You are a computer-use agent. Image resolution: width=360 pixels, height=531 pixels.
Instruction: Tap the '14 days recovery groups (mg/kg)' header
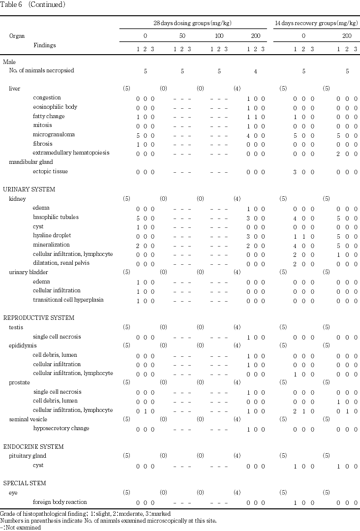coord(317,23)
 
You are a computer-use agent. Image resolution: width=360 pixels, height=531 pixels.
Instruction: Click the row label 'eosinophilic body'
coord(55,107)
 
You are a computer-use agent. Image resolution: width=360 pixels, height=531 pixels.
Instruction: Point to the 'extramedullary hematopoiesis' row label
coord(71,153)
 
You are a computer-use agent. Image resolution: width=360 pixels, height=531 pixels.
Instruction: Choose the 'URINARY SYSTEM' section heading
coord(29,189)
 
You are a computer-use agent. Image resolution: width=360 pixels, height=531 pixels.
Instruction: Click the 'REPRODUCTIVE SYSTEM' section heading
coord(38,318)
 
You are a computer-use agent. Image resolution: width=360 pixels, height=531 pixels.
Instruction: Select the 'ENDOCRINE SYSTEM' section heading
coord(33,447)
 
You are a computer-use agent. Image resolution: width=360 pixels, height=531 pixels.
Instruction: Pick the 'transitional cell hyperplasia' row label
coord(68,300)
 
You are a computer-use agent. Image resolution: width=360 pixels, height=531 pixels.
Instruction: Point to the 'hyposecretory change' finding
coord(61,428)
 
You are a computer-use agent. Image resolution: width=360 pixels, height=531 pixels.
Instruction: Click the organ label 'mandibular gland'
coord(30,162)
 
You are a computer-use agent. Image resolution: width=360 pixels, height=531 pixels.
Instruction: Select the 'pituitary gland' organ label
coord(28,456)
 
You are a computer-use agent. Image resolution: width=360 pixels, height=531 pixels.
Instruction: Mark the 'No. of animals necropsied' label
coord(41,70)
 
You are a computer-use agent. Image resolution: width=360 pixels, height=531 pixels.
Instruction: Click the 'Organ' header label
coord(17,36)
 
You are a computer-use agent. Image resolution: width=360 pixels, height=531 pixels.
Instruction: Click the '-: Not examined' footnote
coord(21,527)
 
